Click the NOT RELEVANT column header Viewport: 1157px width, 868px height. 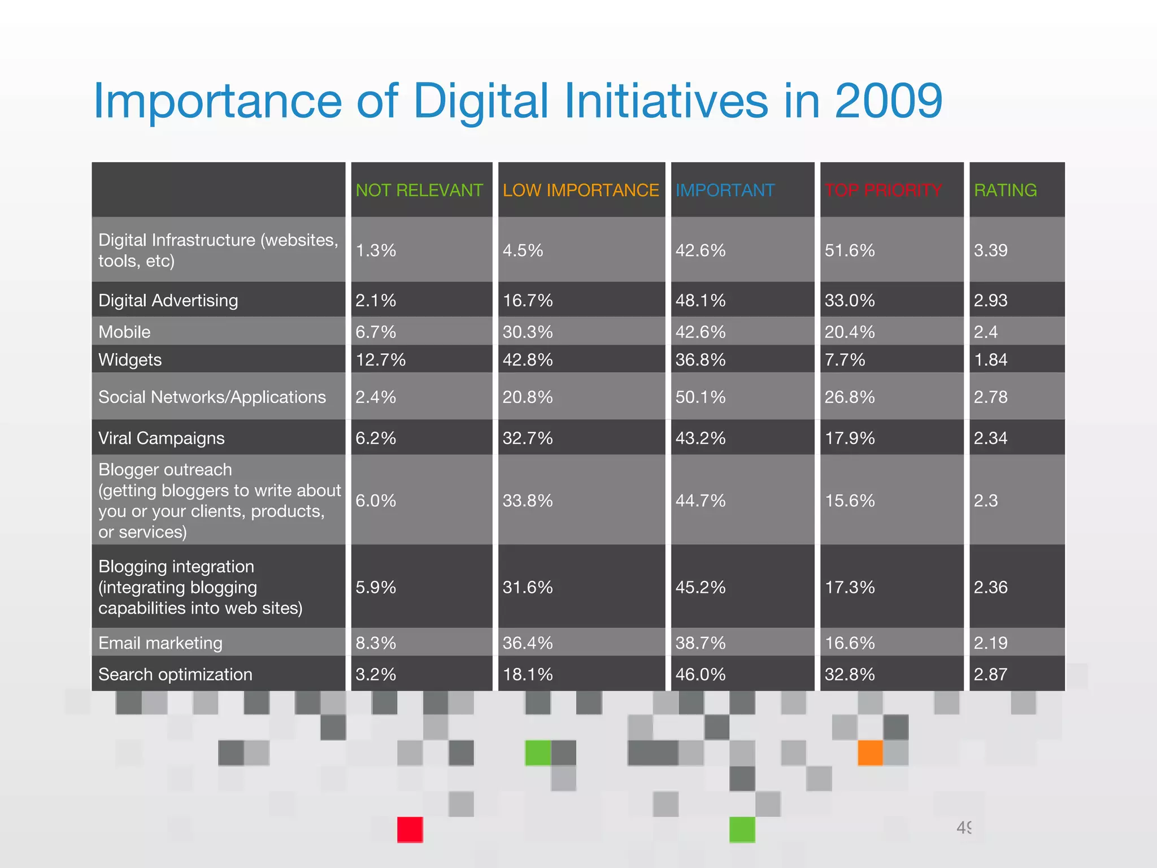point(419,190)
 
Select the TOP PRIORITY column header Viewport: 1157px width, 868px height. point(883,190)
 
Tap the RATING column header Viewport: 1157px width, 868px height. point(1005,190)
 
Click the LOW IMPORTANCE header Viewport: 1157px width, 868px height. point(580,190)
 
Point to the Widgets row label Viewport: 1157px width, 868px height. point(130,360)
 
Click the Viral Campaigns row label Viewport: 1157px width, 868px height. point(161,438)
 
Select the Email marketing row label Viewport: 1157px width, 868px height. point(160,643)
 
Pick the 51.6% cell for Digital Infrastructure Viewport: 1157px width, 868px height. point(849,250)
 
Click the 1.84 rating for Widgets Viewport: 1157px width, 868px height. point(990,360)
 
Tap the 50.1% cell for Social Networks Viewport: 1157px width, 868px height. point(700,397)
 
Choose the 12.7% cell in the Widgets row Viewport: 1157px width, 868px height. point(380,360)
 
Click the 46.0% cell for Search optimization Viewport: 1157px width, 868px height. point(700,674)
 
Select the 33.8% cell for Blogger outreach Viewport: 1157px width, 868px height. point(527,501)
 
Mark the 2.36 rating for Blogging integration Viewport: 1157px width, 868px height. point(990,587)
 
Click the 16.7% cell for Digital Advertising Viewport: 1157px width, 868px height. point(527,301)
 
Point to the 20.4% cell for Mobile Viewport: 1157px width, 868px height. point(849,332)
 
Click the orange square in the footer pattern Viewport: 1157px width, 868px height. point(870,753)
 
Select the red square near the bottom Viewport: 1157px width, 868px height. point(410,830)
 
